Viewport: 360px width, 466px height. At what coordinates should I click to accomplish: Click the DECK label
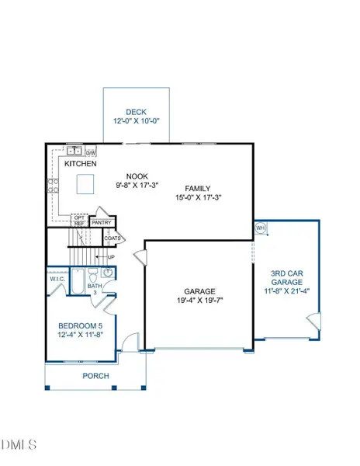tap(137, 112)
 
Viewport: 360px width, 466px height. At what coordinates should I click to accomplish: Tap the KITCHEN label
tap(81, 165)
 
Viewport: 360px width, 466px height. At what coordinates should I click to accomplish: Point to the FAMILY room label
tap(200, 189)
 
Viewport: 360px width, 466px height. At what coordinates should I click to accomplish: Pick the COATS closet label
tap(113, 238)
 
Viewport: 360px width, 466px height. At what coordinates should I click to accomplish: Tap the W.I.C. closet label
tap(57, 279)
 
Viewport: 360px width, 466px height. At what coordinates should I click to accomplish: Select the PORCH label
tap(96, 376)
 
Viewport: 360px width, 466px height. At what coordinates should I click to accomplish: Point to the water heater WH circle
tap(261, 228)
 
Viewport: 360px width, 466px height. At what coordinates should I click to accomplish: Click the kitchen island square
tap(85, 183)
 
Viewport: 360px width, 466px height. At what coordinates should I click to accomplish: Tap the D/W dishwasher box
tap(91, 152)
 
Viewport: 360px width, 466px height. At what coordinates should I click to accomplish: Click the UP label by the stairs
tap(111, 257)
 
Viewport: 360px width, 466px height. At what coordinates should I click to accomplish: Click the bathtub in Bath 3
tap(76, 283)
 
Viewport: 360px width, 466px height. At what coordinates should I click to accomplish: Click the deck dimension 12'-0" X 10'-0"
tap(137, 122)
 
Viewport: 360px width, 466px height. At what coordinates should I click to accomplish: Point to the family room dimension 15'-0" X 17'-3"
tap(200, 199)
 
